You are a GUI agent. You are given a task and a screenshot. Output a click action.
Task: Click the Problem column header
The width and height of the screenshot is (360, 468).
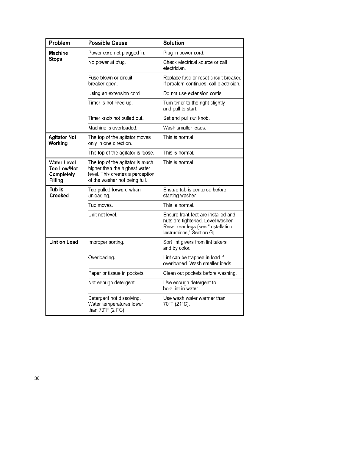tap(60, 43)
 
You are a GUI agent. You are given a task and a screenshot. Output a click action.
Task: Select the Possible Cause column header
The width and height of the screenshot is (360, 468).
tap(108, 43)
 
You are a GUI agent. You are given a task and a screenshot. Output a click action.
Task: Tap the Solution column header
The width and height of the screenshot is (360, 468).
tap(174, 43)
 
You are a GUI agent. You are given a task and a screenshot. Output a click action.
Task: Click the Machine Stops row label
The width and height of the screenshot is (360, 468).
tap(58, 56)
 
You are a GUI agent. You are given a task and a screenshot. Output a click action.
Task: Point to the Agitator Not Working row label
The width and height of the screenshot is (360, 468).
tap(62, 140)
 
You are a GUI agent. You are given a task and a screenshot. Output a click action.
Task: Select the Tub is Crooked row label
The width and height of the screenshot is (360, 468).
tap(59, 193)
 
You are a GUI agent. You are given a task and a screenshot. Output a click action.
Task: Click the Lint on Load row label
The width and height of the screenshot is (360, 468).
tap(63, 242)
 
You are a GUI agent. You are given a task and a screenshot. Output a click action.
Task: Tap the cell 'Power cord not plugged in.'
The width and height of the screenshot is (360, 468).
tap(117, 53)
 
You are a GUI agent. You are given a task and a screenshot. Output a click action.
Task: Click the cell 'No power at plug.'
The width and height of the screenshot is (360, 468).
tap(107, 62)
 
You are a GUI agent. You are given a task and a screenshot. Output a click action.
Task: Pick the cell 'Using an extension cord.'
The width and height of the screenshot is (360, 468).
tap(115, 93)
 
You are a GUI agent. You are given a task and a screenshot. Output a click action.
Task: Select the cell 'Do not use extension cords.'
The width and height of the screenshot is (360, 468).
tap(193, 93)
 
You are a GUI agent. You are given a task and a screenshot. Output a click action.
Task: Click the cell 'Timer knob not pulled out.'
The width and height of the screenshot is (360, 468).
tap(116, 118)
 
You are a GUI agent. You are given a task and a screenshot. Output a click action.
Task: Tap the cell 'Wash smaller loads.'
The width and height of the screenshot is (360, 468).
tap(184, 128)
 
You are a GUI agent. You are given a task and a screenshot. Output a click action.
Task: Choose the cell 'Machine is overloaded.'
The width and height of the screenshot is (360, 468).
tap(113, 128)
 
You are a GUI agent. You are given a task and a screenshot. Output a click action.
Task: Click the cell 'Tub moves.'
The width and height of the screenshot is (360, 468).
tap(101, 205)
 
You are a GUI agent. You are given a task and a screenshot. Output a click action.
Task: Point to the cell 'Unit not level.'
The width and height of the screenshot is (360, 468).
tap(103, 215)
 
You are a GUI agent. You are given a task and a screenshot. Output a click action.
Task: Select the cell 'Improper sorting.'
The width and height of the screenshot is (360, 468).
tap(106, 242)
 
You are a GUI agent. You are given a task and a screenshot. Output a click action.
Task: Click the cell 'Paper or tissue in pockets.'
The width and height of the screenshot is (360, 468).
tap(117, 273)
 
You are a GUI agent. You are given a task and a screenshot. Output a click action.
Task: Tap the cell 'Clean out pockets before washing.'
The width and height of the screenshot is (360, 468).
tap(200, 273)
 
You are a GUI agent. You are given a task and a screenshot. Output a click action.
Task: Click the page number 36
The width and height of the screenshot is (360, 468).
tap(37, 378)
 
